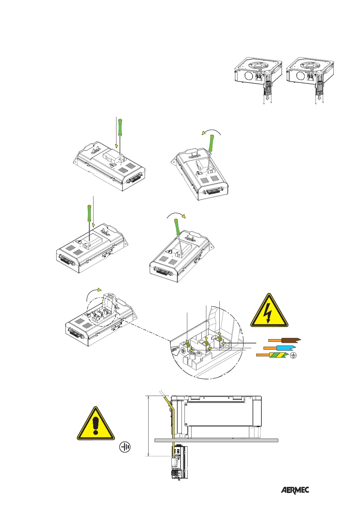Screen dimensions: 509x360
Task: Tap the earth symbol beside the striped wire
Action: point(293,356)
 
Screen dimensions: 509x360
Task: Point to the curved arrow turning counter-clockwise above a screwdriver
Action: point(211,132)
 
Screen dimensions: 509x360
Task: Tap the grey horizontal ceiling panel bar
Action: point(216,440)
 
